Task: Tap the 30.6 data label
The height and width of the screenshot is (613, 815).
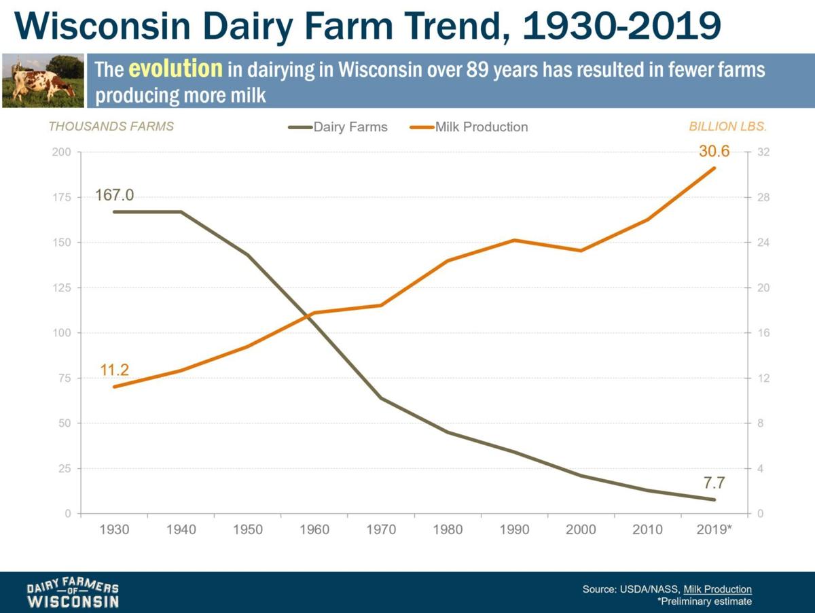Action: pos(714,152)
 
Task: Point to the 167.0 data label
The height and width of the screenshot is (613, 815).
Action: pos(114,196)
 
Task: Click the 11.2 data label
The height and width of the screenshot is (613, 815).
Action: pos(114,370)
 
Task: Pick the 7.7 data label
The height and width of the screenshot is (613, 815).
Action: pos(714,483)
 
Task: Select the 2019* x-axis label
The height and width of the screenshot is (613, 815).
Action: pos(714,529)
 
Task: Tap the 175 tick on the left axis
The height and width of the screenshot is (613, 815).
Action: pos(61,197)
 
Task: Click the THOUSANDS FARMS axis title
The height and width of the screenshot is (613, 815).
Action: pos(111,126)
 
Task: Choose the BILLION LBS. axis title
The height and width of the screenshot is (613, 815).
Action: pos(732,126)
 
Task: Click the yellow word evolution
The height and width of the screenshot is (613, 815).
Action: pos(176,69)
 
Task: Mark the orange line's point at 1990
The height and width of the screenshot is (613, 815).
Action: pos(514,240)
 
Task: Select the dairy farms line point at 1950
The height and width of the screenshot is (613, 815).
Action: pos(247,255)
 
